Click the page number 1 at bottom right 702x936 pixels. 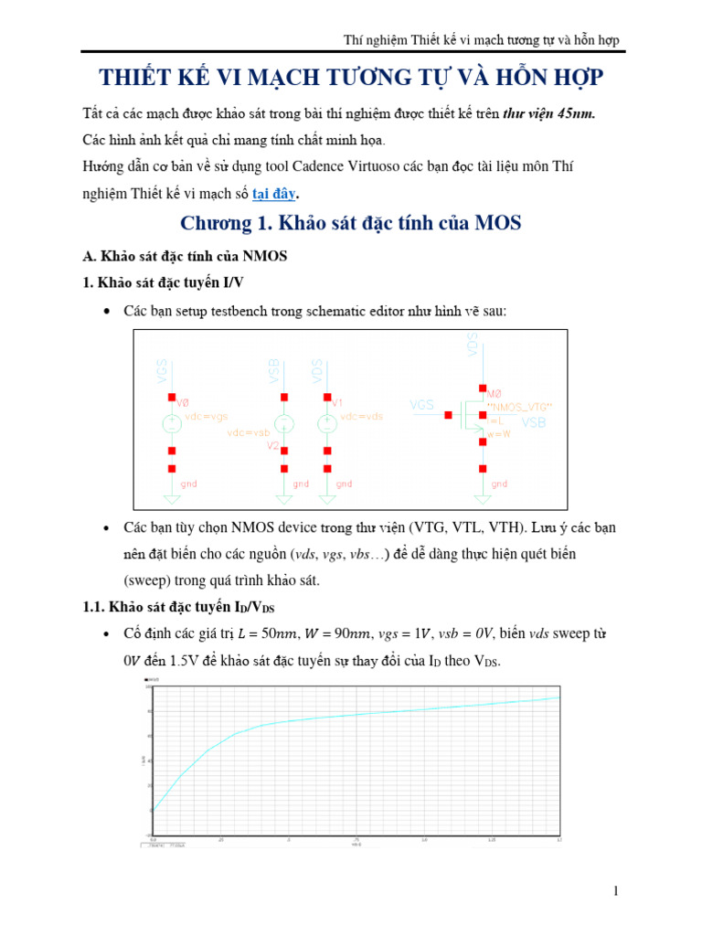point(616,891)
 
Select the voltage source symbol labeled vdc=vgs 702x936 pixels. point(171,423)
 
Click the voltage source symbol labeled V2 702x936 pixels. point(284,424)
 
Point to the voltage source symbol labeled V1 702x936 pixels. point(326,423)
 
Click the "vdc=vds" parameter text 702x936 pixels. point(362,416)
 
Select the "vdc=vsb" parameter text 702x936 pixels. point(250,431)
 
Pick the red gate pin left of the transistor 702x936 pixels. point(448,416)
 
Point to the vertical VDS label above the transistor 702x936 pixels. point(472,346)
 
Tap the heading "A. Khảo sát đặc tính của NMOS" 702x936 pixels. point(185,256)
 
